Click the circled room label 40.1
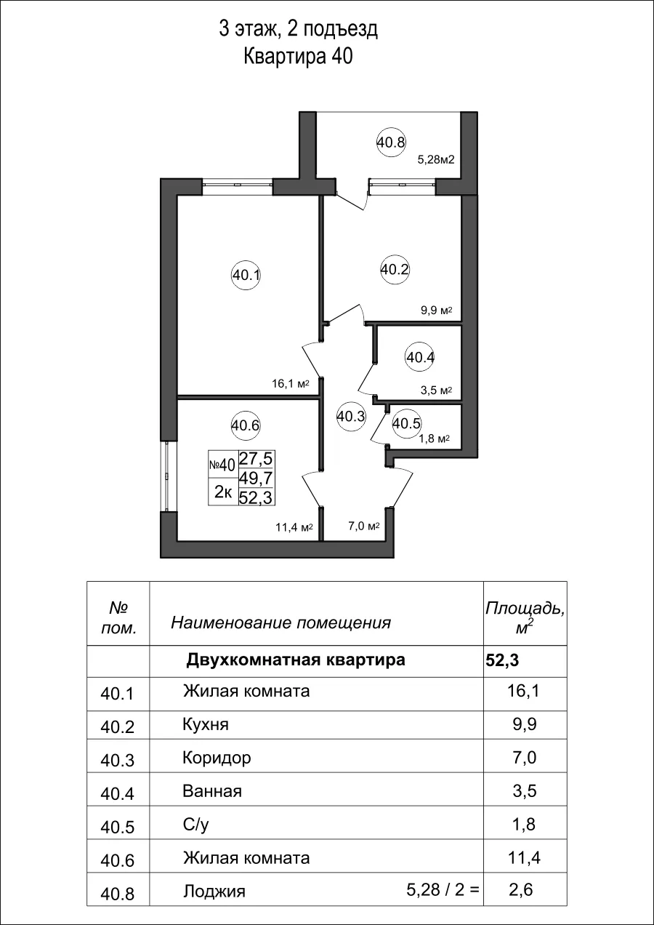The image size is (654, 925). (246, 276)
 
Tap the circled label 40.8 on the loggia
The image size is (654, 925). (391, 143)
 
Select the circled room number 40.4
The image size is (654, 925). (420, 357)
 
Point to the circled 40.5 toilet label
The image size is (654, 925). (406, 423)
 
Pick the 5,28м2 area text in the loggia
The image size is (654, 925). (435, 160)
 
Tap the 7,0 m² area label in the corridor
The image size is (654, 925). (364, 526)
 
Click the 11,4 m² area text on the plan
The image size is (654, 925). (294, 526)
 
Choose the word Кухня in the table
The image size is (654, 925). (206, 725)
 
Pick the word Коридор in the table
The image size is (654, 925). (217, 758)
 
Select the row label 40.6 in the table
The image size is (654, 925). (118, 860)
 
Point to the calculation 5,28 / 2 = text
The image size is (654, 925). (444, 889)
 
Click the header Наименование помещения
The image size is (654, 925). (280, 622)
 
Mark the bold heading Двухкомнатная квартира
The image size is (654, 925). (296, 660)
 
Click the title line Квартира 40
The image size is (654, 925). (298, 57)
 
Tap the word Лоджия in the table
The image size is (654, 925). (214, 892)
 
